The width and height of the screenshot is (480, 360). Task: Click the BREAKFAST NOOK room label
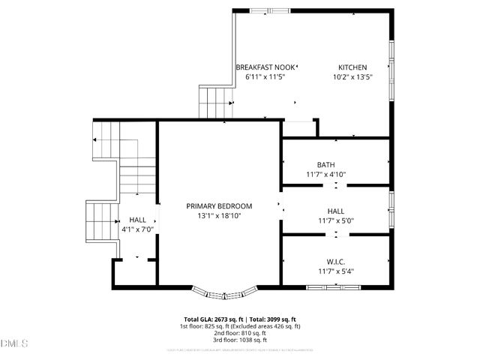coord(265,67)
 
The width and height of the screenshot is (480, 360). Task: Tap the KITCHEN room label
coord(352,67)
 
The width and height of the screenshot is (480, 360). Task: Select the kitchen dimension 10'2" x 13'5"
coord(352,76)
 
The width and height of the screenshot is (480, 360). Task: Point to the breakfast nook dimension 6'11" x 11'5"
coord(260,76)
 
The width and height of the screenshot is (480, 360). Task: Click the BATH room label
coord(325,165)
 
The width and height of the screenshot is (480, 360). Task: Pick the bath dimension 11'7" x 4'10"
coord(325,175)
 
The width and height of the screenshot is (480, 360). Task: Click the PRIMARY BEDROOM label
coord(219,205)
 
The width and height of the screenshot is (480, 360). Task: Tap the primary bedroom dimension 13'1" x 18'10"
coord(219,215)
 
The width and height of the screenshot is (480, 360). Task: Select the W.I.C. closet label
coord(335,261)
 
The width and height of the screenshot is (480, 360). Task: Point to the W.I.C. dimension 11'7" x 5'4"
coord(335,271)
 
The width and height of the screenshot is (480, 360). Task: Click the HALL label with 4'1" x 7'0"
coord(137,220)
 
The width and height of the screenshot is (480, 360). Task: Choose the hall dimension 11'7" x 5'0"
coord(335,221)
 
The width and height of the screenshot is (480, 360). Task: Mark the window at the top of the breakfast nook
coord(271,10)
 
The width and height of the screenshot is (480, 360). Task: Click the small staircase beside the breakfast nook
coord(211,102)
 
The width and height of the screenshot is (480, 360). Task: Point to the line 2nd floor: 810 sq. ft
coord(240,333)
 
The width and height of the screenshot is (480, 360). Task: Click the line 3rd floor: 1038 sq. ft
coord(240,340)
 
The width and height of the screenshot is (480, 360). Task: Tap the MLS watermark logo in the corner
coord(14,343)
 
